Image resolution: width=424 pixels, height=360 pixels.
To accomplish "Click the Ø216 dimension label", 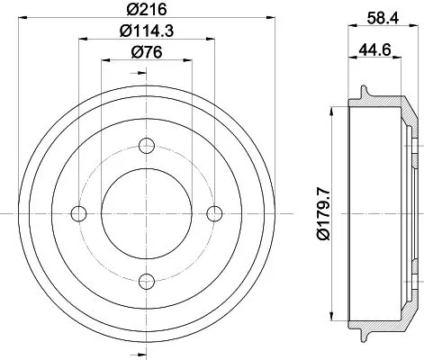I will coord(145,10).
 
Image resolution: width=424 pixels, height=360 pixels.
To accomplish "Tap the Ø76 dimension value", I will coord(146,52).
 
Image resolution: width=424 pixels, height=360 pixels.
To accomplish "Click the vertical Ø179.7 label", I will coord(312,212).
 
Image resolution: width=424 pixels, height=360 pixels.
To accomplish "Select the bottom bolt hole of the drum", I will coord(146,278).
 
